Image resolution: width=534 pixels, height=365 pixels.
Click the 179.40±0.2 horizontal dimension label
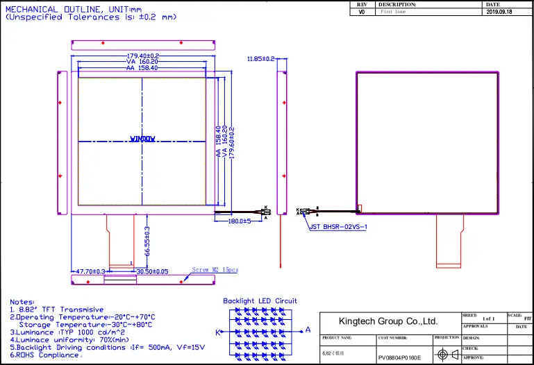(x=143, y=56)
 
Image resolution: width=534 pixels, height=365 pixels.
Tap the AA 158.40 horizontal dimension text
(x=142, y=68)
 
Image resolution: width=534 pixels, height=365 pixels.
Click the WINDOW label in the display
(x=143, y=139)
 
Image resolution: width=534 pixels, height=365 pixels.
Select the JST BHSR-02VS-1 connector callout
(x=338, y=226)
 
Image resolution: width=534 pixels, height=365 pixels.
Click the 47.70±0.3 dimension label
(x=90, y=271)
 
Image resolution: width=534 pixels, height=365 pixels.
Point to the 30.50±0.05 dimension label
(x=152, y=271)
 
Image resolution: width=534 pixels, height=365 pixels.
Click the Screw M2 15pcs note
(x=215, y=270)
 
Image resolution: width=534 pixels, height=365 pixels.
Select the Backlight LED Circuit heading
(x=260, y=301)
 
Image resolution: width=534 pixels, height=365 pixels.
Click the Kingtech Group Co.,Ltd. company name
(x=387, y=321)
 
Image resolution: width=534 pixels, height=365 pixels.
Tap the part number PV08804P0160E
(x=399, y=358)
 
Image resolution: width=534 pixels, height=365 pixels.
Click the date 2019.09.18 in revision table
(x=500, y=12)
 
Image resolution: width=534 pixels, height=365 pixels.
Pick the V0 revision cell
(x=361, y=12)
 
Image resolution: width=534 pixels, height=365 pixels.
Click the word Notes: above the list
(x=22, y=302)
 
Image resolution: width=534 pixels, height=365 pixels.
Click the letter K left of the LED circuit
(x=217, y=332)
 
